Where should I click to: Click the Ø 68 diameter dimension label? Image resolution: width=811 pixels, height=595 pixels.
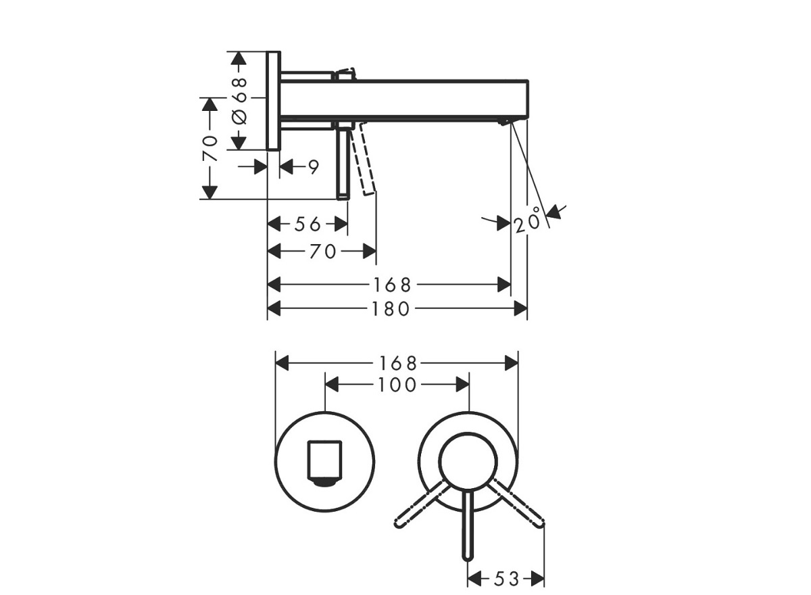click(240, 100)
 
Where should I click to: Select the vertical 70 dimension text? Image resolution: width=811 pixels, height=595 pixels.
click(211, 147)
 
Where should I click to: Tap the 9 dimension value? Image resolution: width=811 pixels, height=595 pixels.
click(313, 167)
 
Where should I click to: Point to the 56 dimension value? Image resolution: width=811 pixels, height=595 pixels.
click(308, 224)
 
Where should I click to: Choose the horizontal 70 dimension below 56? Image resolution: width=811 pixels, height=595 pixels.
click(322, 252)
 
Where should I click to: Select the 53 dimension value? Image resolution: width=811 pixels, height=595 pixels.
click(506, 579)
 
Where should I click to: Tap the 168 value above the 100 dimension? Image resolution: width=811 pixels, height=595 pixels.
click(399, 363)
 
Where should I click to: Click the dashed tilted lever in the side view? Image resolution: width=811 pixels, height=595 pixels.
click(366, 160)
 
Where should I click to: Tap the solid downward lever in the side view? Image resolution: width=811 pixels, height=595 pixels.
click(343, 162)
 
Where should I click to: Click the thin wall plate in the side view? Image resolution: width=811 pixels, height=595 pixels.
click(273, 101)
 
